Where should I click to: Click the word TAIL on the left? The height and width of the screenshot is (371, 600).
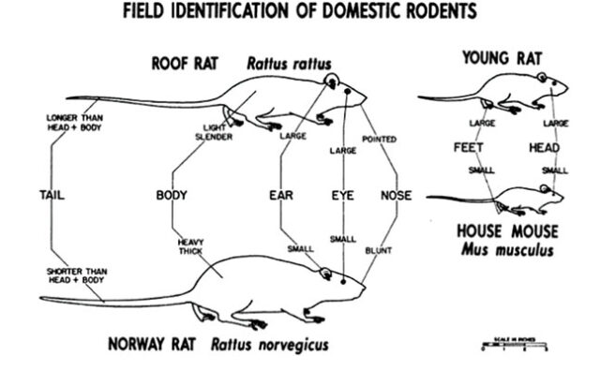[52, 196]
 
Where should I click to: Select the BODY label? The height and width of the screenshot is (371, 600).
[172, 196]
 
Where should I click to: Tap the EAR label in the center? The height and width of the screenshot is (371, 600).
[281, 196]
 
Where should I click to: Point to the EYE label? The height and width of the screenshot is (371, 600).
[341, 196]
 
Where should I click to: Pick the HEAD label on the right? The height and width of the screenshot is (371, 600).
[545, 148]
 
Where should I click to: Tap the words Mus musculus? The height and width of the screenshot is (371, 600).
[506, 250]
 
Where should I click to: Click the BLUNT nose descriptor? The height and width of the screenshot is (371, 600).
[381, 251]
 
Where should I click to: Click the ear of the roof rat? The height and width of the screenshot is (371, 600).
[331, 82]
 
